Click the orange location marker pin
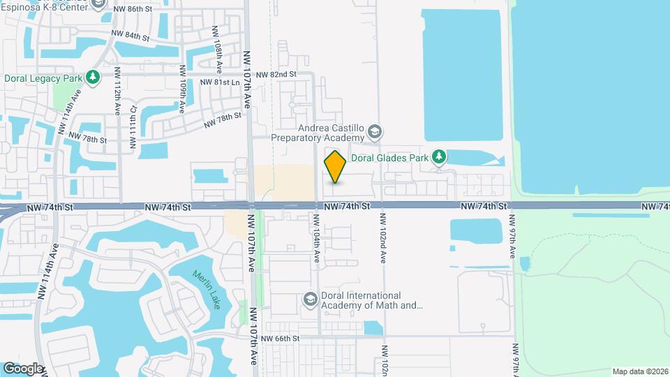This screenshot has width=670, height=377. click(x=335, y=167)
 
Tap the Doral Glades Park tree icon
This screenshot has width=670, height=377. click(x=438, y=157)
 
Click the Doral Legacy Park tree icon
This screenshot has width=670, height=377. click(x=92, y=77)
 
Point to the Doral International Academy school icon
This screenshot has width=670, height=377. click(x=310, y=300)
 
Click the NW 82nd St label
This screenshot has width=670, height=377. click(x=276, y=73)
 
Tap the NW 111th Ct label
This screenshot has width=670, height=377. click(x=133, y=131)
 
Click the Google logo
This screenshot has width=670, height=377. click(x=22, y=367)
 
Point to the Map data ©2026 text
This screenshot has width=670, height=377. click(x=639, y=371)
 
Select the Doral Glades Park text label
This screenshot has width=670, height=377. click(x=389, y=158)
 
